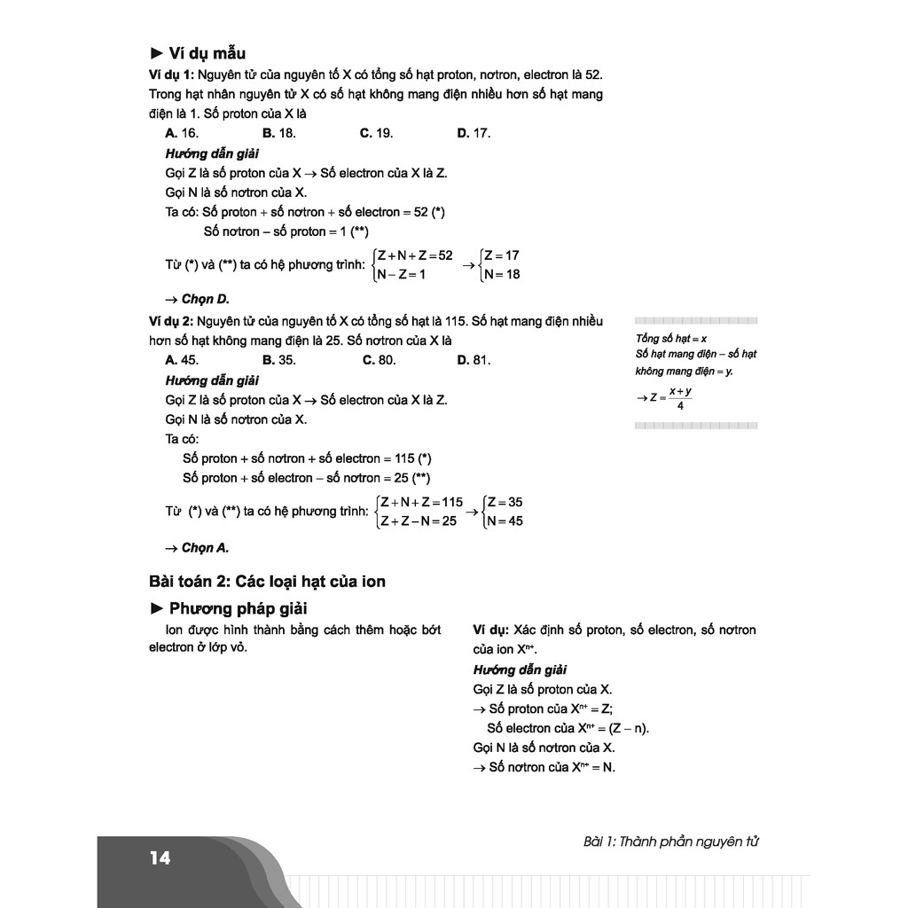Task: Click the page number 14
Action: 160,857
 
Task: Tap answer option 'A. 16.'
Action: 182,133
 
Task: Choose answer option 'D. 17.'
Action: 474,133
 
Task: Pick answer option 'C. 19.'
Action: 376,133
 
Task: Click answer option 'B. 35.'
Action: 279,360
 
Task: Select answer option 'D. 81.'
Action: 474,360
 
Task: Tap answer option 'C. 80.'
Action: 379,360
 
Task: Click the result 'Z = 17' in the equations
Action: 501,255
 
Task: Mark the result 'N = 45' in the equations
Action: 504,521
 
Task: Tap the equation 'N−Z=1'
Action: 402,274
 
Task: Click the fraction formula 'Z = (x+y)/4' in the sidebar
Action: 667,398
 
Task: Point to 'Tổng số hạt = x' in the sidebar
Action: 671,338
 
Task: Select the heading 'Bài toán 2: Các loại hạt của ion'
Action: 268,582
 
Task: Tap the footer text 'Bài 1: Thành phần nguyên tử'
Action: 671,841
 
